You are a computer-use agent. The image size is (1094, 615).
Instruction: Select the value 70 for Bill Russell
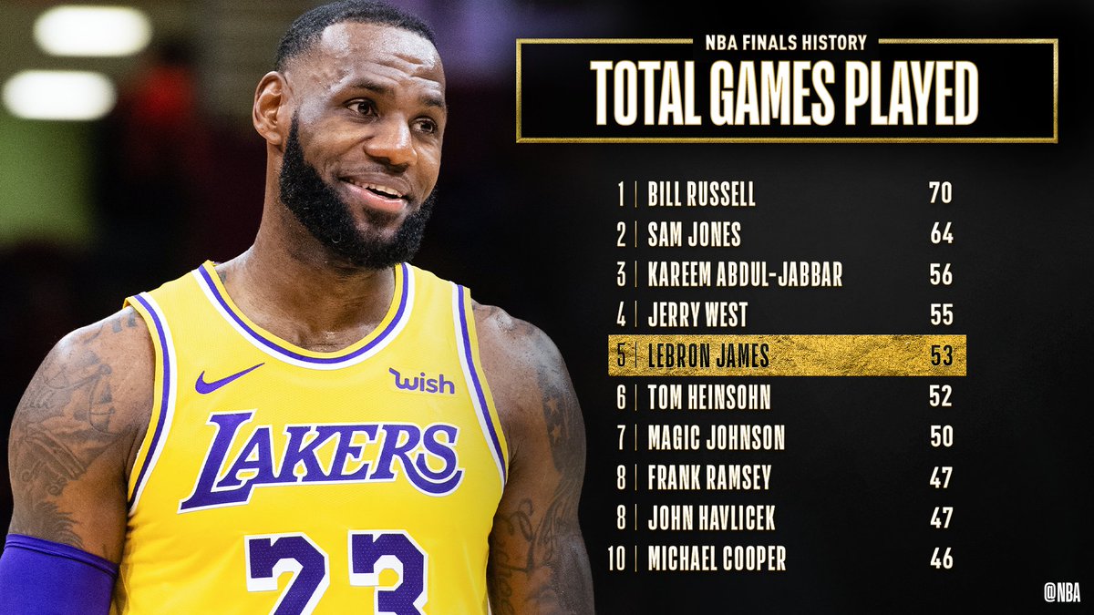941,193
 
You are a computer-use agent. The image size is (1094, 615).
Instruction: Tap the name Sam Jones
694,234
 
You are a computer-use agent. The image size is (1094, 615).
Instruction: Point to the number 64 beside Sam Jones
941,234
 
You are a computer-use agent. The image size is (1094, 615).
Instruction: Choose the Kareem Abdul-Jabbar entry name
745,274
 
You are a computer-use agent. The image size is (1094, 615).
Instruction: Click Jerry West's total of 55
941,315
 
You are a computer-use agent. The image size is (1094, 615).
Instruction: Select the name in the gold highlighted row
707,355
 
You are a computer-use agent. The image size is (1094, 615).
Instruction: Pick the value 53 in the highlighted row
941,355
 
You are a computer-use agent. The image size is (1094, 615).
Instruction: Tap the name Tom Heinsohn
708,396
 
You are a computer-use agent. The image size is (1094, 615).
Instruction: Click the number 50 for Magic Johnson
941,436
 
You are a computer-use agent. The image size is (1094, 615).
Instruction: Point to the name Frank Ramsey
709,477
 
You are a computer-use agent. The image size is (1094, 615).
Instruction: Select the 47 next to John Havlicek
941,518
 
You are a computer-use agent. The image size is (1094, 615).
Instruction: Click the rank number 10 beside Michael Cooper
616,559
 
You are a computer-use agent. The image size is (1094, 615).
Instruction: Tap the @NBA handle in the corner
1062,592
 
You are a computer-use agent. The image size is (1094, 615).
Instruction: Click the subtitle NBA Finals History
786,42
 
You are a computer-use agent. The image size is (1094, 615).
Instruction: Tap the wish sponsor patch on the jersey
421,381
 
